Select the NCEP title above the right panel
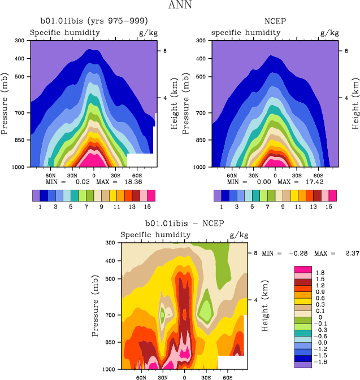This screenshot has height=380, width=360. click(x=275, y=22)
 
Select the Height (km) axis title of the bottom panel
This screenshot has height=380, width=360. click(x=264, y=305)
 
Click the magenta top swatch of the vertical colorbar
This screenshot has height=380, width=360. click(x=303, y=269)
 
